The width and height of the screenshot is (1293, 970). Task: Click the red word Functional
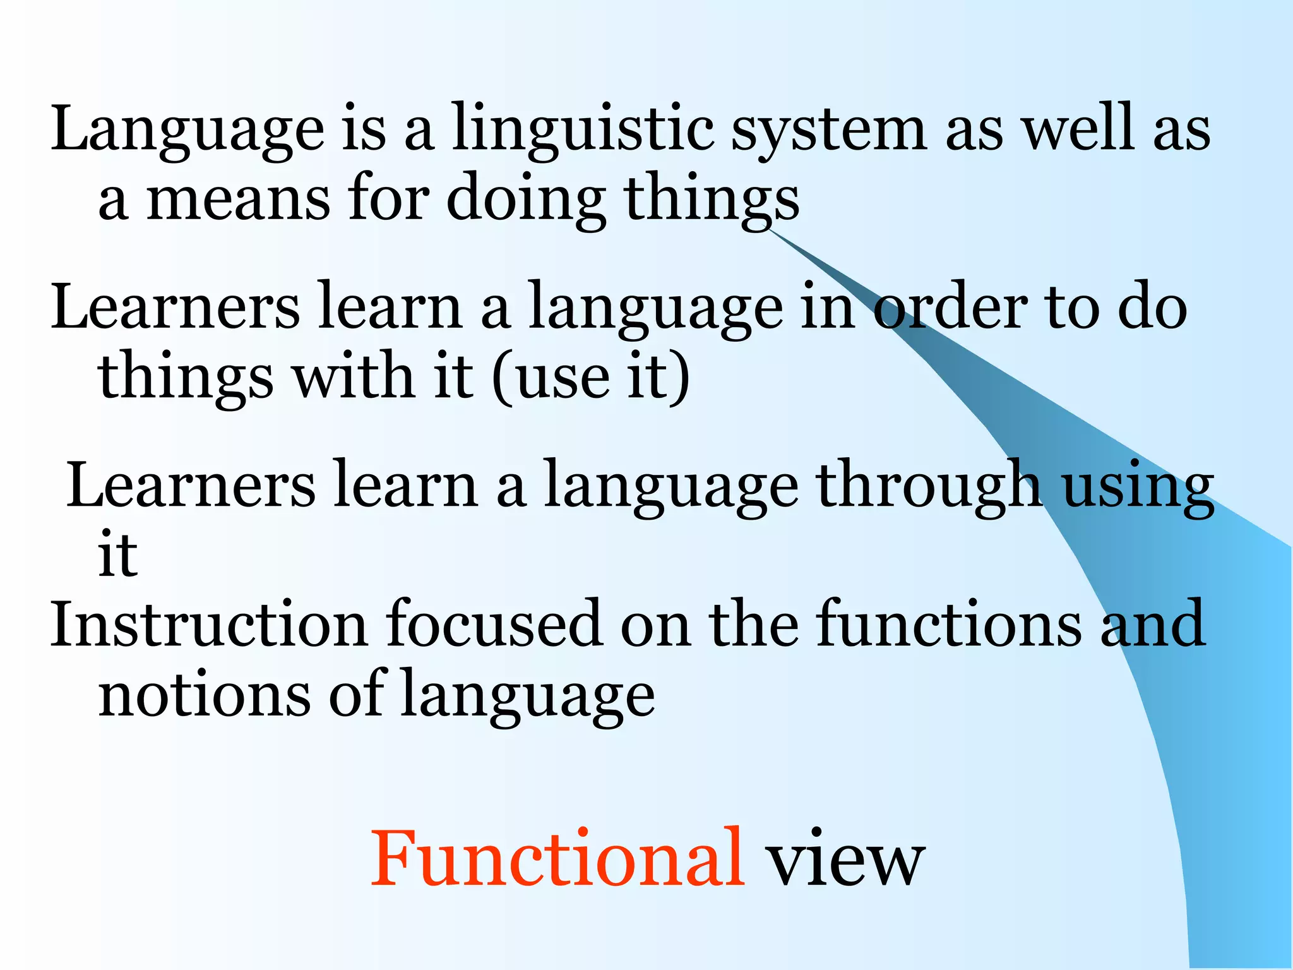(556, 859)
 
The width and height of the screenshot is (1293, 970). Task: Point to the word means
(238, 199)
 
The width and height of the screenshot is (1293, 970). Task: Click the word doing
(527, 199)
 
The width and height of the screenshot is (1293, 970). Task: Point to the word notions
(205, 695)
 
